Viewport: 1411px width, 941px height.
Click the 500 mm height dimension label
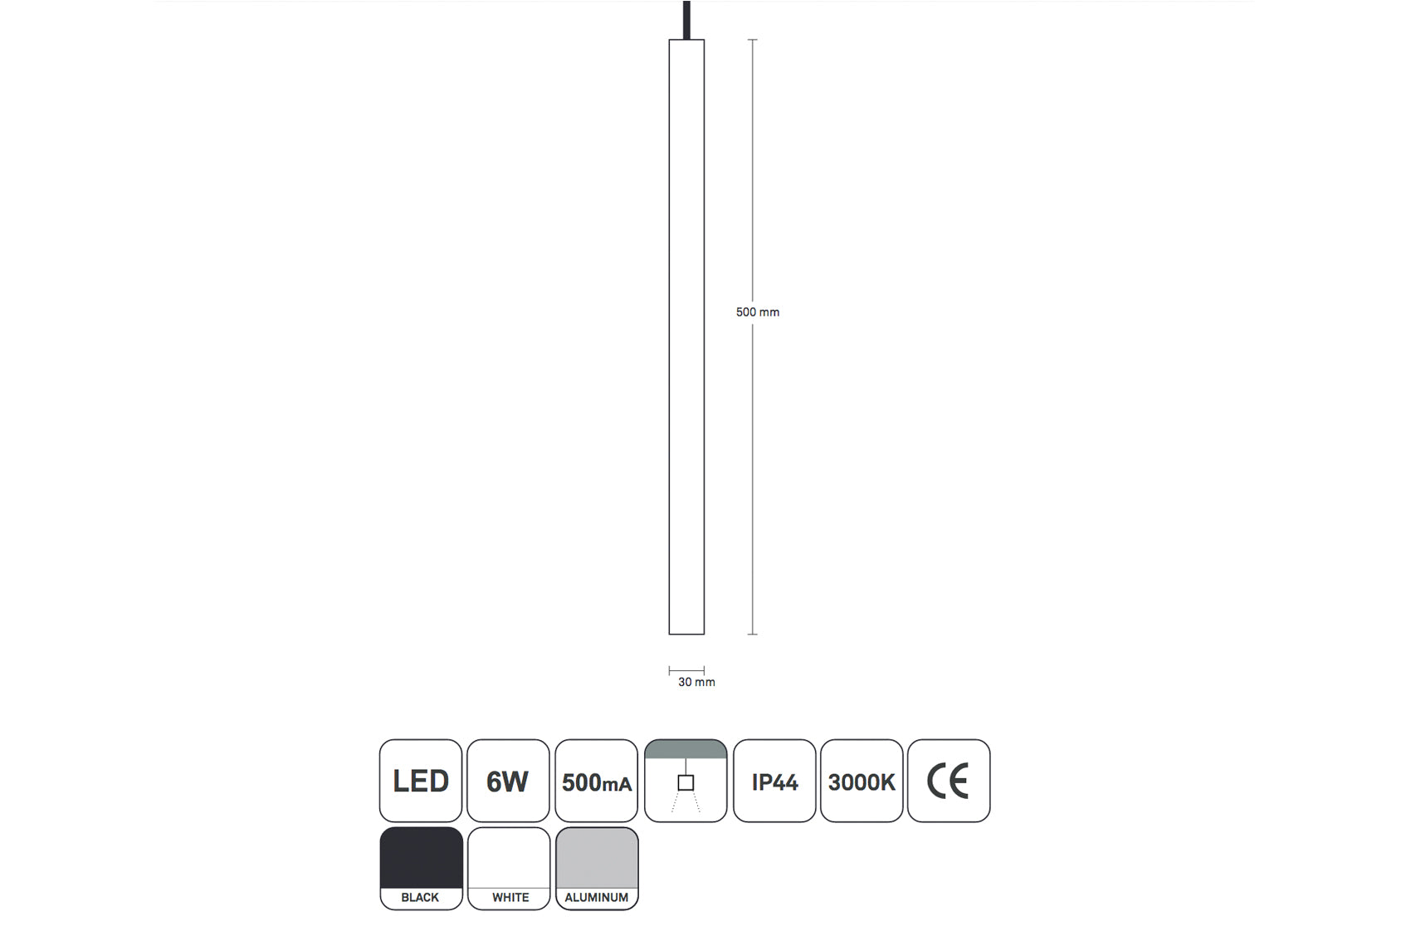pos(757,312)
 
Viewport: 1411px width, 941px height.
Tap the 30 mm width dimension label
pos(696,682)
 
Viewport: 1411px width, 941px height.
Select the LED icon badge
pos(421,780)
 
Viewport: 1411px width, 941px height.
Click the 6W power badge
pos(508,780)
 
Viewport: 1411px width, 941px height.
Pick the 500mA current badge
pos(597,780)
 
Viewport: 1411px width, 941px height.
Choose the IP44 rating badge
pos(774,780)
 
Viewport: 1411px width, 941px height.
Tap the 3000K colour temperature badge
pos(862,780)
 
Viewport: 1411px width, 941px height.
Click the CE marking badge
pos(949,780)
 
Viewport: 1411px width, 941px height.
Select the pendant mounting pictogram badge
pos(686,780)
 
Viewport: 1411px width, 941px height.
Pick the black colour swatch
pos(421,858)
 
